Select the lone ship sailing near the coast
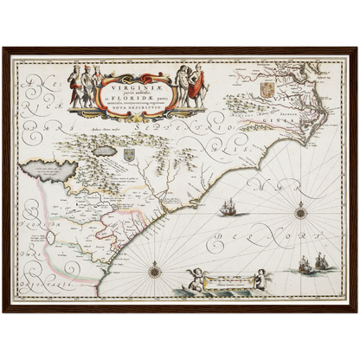click(228, 209)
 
